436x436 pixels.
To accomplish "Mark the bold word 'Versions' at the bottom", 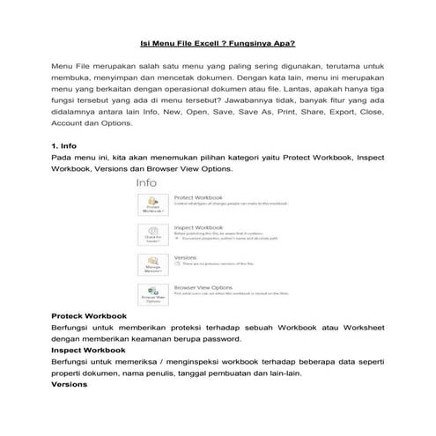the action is coord(70,384).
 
